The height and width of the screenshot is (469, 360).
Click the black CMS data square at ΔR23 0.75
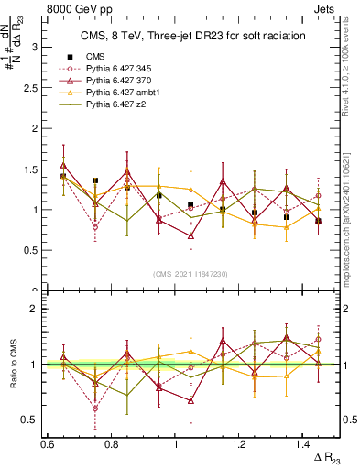95,180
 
